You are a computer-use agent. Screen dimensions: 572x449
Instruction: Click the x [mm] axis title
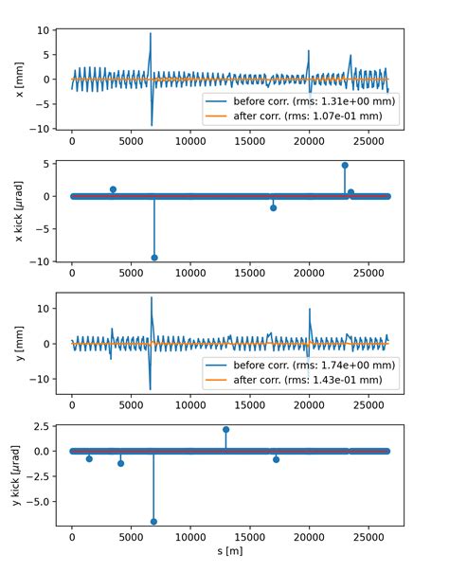20,79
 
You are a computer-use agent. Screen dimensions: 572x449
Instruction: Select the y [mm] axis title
20,343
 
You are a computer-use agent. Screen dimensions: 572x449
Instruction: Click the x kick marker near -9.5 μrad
154,258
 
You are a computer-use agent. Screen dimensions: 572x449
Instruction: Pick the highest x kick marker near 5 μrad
345,165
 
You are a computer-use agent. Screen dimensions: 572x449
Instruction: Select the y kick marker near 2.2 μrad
225,429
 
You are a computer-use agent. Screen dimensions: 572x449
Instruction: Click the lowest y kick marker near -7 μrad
154,522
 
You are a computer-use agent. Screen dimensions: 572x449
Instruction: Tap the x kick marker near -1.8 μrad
273,207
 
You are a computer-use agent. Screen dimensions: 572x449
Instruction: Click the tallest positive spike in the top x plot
150,34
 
